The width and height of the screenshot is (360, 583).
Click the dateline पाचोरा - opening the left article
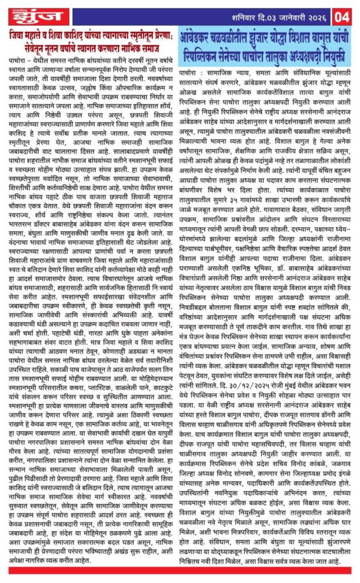[x=18, y=59]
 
